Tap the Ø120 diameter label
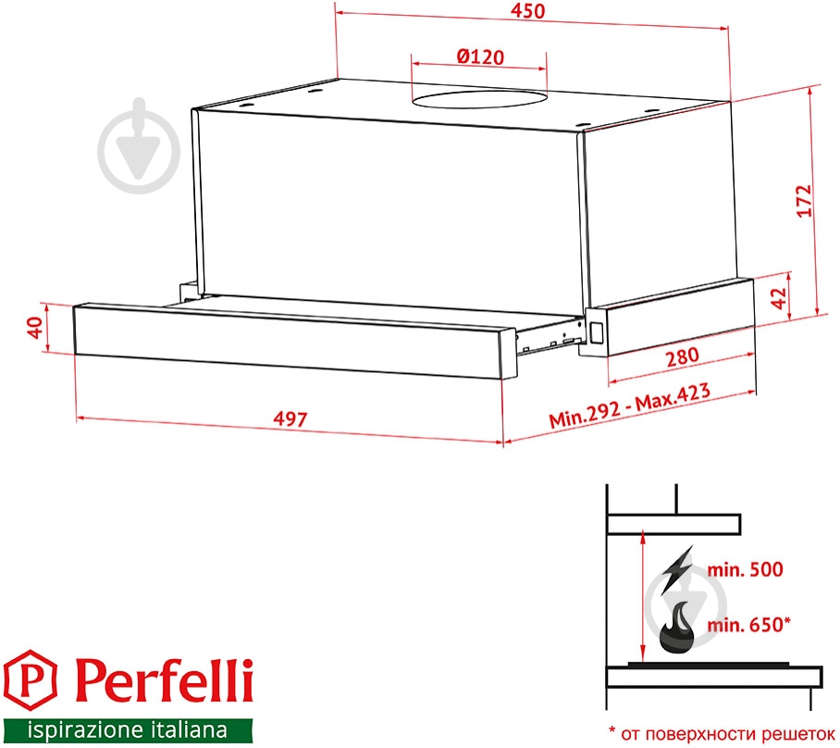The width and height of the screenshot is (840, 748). (479, 56)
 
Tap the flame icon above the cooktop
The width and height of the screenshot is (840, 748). (678, 627)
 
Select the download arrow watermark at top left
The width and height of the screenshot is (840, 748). (138, 139)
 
